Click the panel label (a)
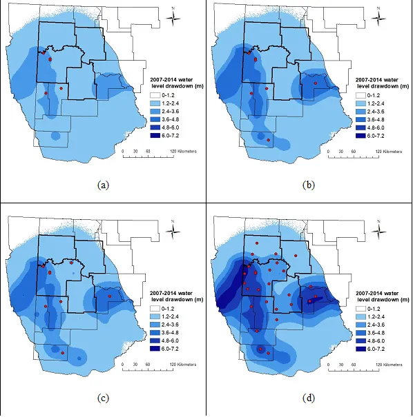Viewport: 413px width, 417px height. point(104,185)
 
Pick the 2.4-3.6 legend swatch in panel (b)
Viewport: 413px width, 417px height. point(360,111)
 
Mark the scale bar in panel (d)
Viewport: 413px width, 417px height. point(350,369)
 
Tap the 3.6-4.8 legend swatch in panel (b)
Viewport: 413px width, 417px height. point(360,119)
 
